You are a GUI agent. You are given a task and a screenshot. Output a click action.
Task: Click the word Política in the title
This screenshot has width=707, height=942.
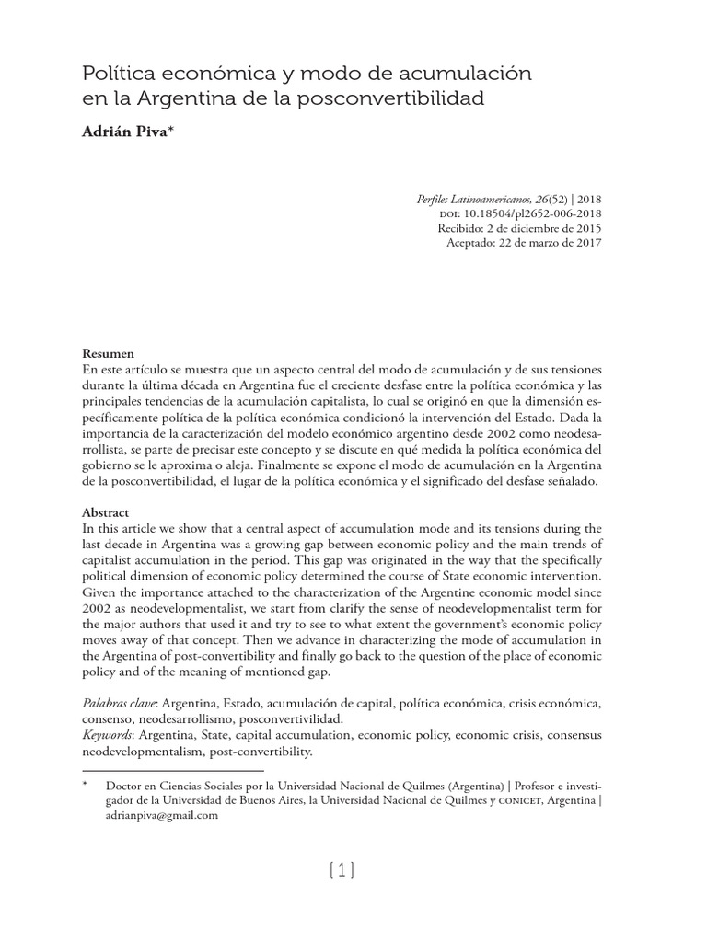pos(117,72)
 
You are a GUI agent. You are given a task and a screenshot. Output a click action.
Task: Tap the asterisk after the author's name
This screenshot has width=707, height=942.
pos(170,129)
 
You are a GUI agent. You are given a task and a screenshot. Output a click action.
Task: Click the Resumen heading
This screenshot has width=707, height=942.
pos(108,353)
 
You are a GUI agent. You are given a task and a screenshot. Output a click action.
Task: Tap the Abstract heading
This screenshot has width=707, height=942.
pos(106,512)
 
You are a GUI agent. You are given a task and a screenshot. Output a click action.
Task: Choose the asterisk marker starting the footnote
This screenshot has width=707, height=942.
pos(85,787)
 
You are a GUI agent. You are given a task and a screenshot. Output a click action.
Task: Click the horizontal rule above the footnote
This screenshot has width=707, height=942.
pos(172,771)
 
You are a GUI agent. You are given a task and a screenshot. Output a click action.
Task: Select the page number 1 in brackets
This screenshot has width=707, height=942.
pos(341,870)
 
